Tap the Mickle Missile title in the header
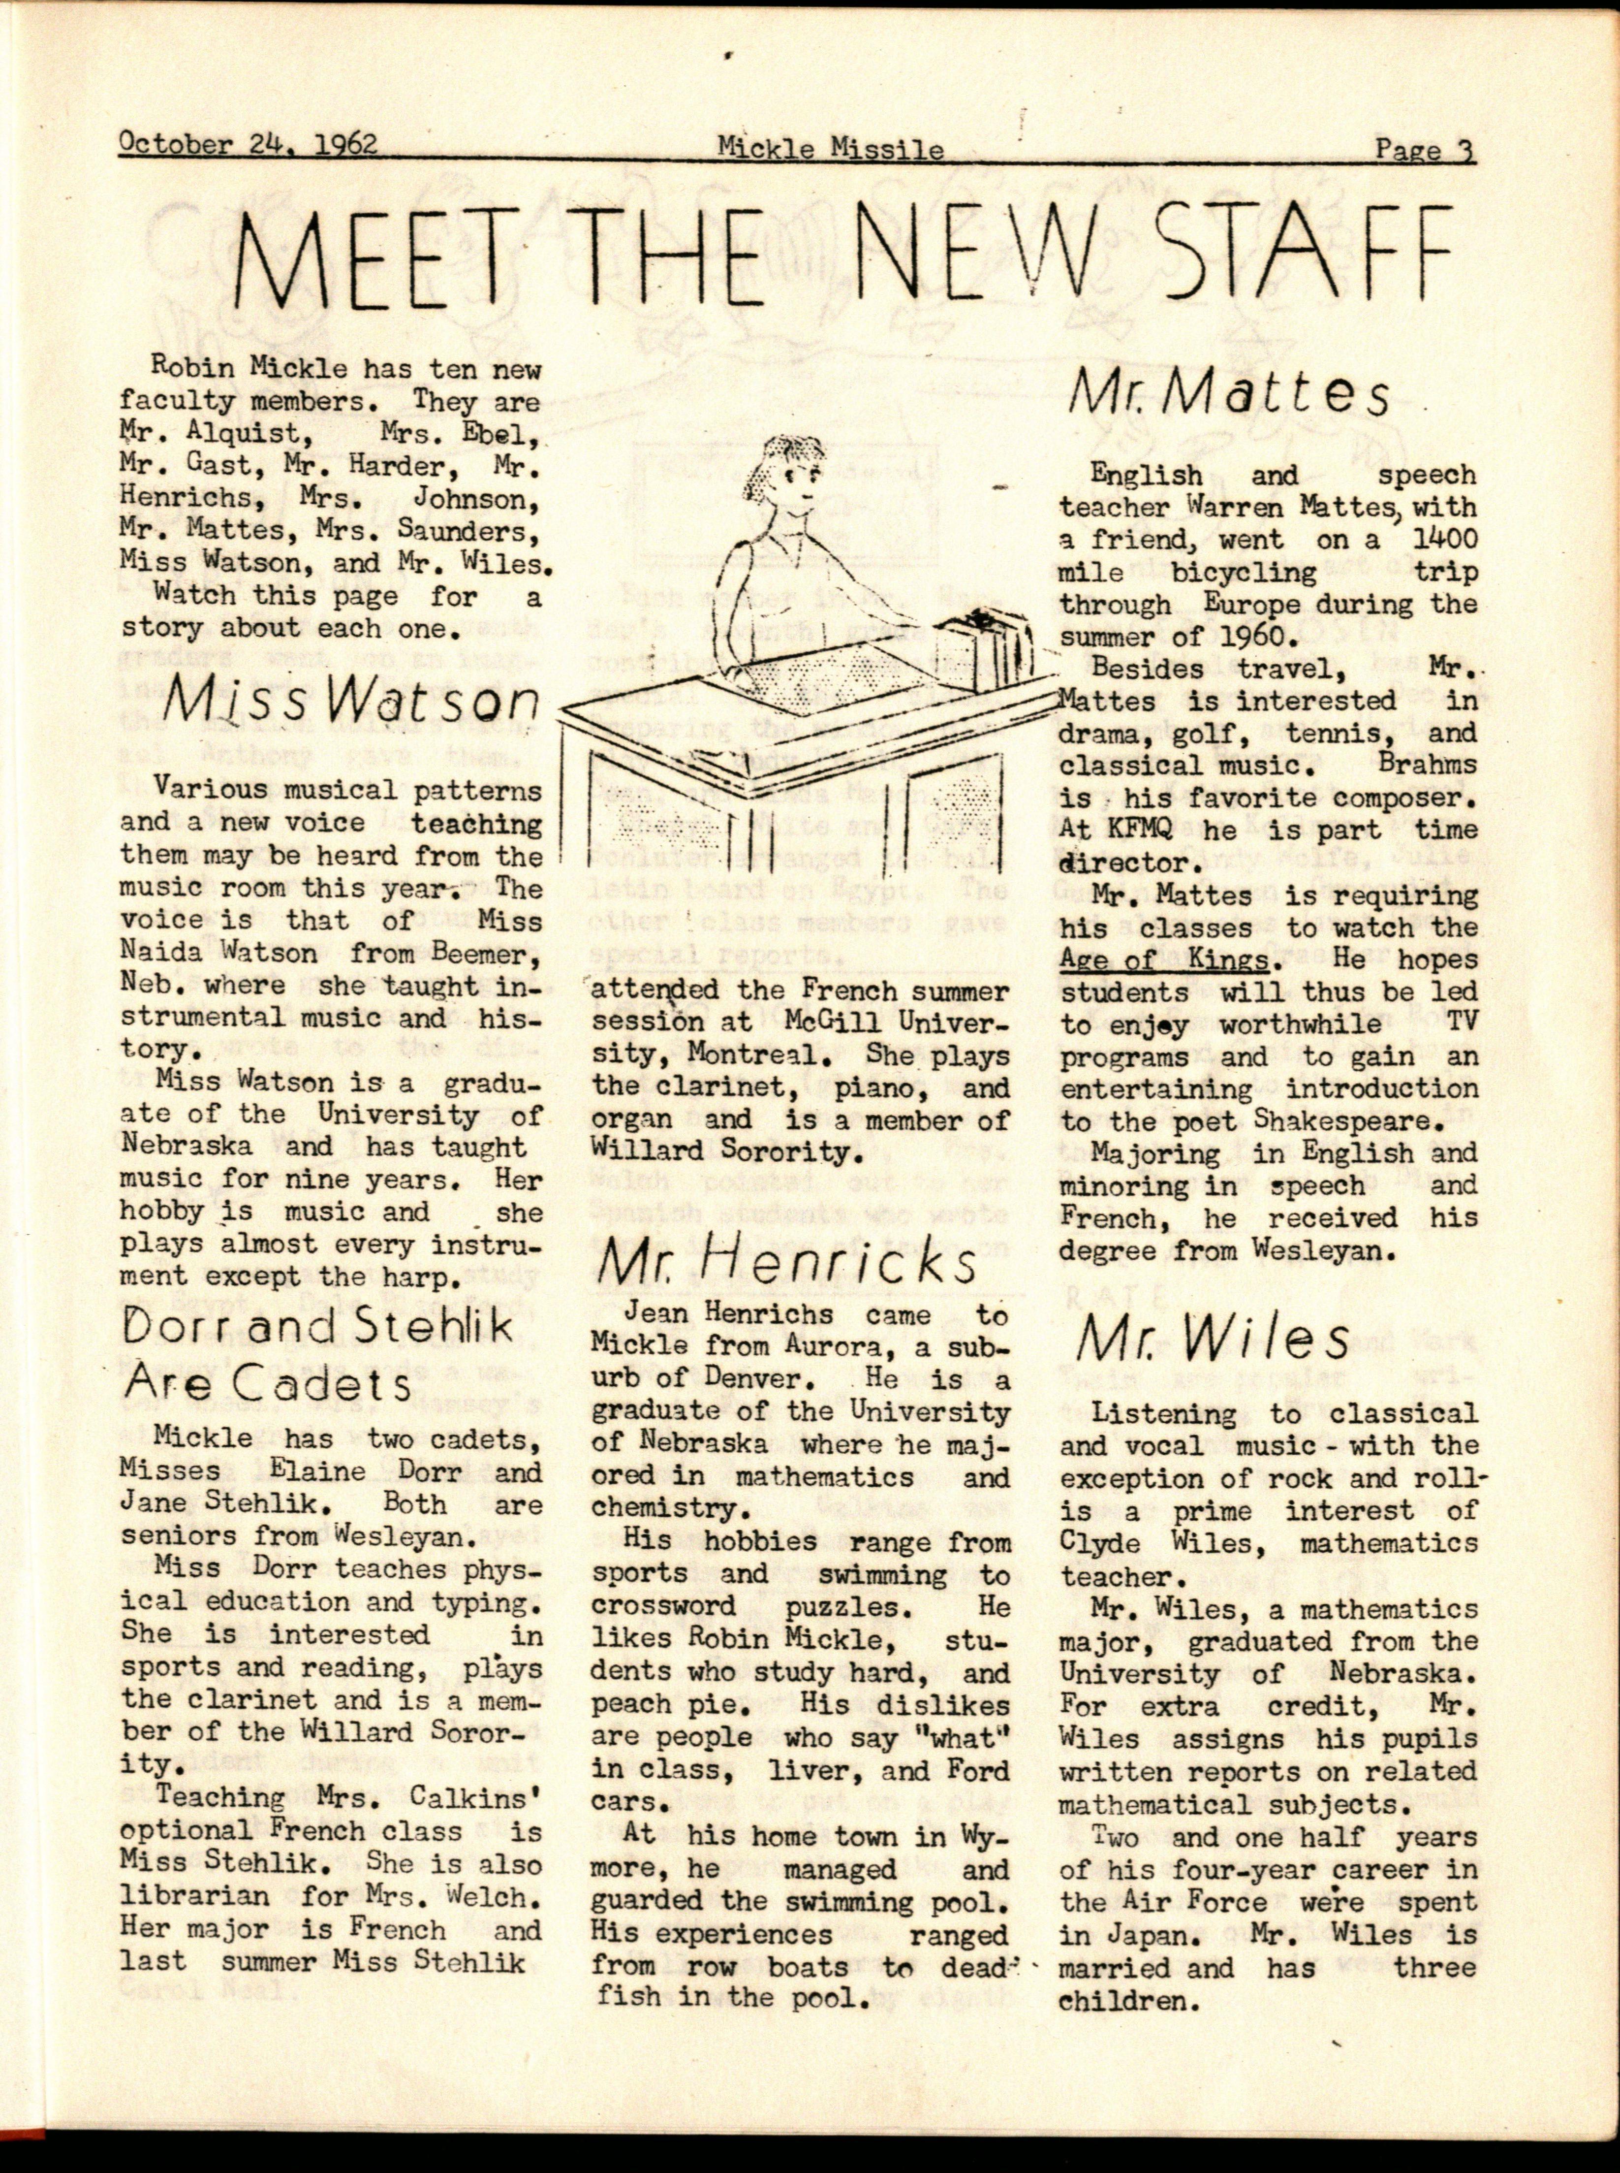tap(830, 149)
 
